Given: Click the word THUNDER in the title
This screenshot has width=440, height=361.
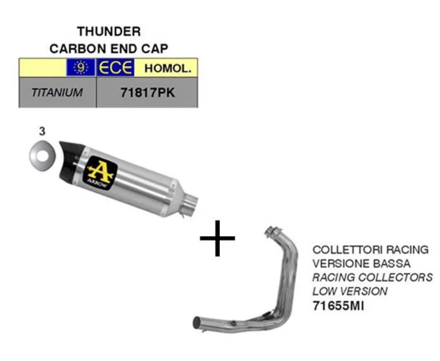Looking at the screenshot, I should (x=109, y=32).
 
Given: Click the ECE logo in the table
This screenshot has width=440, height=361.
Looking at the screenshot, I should (x=115, y=68).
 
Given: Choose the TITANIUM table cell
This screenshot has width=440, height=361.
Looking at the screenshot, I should (x=57, y=93).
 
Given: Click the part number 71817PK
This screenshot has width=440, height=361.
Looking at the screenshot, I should (x=148, y=93).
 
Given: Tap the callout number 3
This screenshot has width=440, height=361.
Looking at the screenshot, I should (x=42, y=132).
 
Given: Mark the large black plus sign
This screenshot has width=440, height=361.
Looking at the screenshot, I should (x=217, y=239).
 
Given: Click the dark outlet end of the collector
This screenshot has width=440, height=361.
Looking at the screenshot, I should (x=196, y=323).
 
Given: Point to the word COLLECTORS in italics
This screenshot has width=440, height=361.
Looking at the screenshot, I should (x=400, y=277).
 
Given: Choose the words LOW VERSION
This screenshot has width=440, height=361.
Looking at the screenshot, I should (x=350, y=291).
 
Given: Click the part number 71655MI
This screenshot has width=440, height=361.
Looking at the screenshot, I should (x=338, y=306).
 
